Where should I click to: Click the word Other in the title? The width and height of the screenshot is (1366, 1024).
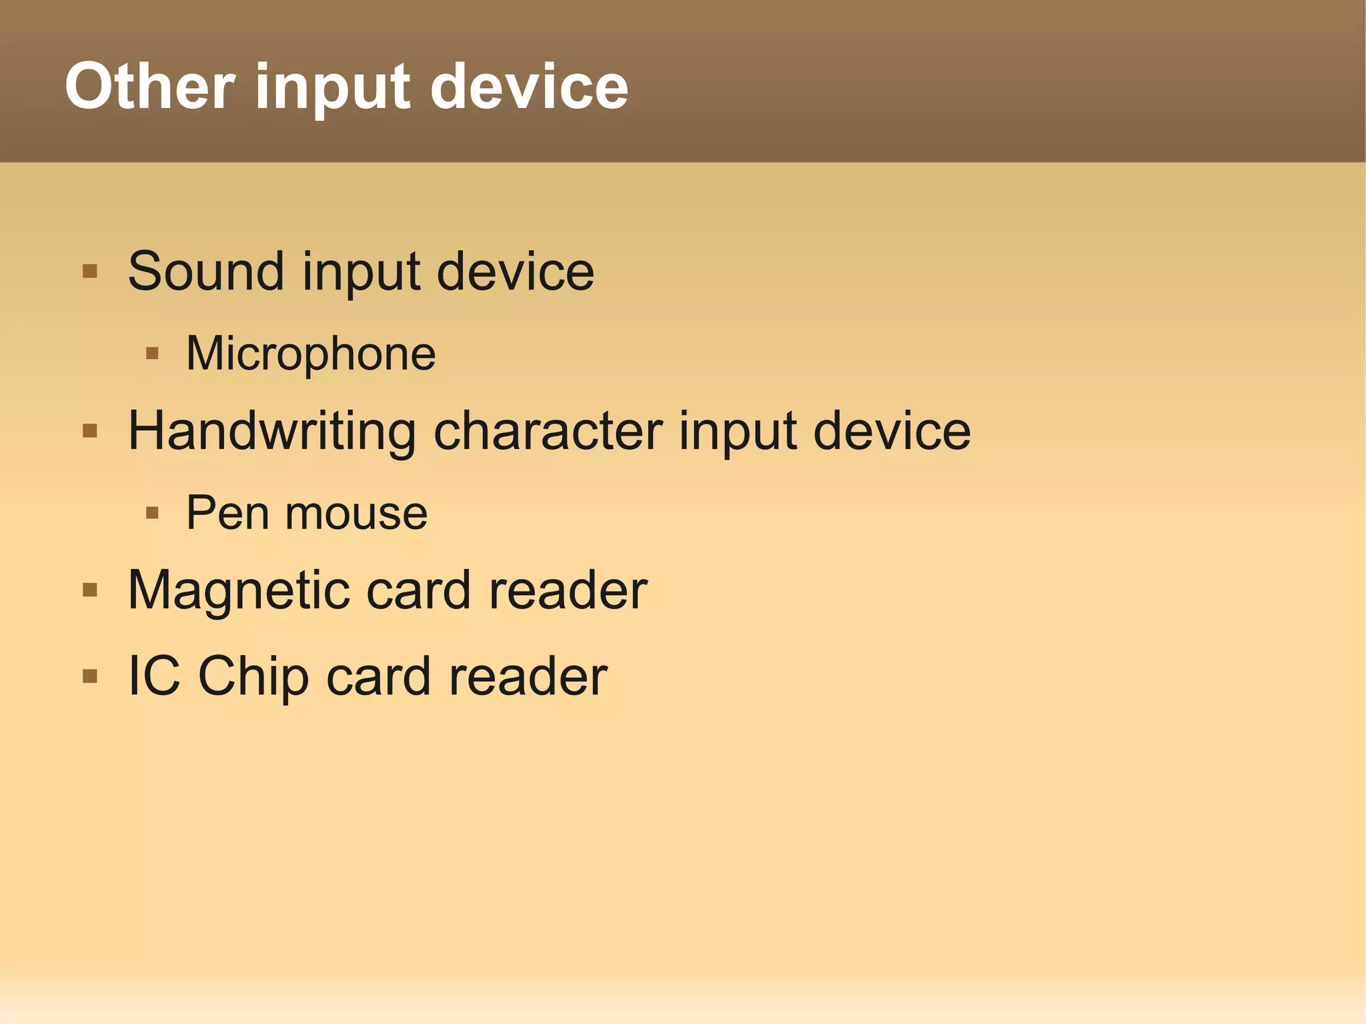pyautogui.click(x=149, y=86)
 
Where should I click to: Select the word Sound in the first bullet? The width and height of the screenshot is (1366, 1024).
pyautogui.click(x=206, y=272)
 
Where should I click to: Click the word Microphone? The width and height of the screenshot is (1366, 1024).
pyautogui.click(x=311, y=354)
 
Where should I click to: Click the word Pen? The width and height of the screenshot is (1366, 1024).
pyautogui.click(x=227, y=513)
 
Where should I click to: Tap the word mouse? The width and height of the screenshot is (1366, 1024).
pyautogui.click(x=356, y=514)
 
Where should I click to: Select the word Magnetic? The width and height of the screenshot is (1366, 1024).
pyautogui.click(x=239, y=591)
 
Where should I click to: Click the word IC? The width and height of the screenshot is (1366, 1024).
pyautogui.click(x=153, y=676)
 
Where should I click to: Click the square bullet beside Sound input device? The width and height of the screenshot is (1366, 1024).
pyautogui.click(x=90, y=272)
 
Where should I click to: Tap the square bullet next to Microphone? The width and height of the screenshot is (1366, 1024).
pyautogui.click(x=152, y=353)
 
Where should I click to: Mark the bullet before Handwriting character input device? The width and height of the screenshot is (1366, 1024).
pyautogui.click(x=90, y=431)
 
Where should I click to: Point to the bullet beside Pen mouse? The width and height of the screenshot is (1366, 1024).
pyautogui.click(x=152, y=512)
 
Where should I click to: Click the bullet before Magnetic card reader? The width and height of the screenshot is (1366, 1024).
pyautogui.click(x=90, y=590)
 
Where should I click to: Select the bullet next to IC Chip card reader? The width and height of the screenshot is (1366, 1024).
pyautogui.click(x=90, y=676)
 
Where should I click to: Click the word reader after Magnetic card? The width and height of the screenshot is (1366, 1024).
pyautogui.click(x=568, y=591)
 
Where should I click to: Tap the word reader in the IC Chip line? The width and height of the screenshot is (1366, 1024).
pyautogui.click(x=528, y=676)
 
